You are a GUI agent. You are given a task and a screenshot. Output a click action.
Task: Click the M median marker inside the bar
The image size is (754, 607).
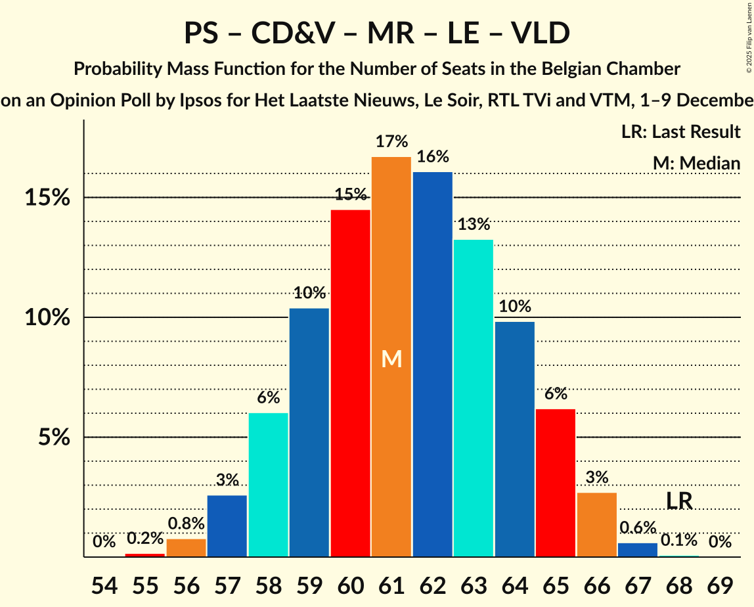coord(391,359)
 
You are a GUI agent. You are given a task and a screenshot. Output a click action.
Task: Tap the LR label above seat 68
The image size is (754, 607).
coord(679,501)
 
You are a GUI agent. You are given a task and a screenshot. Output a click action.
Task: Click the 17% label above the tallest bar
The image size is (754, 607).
coord(391,141)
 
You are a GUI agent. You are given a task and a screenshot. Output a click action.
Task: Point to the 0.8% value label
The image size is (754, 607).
coord(187,524)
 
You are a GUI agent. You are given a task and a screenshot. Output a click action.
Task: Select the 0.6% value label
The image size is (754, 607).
coord(638,528)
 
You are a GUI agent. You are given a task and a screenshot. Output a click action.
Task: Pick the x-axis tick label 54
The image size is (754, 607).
coord(104,585)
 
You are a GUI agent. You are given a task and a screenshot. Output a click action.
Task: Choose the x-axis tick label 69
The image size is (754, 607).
coord(720,585)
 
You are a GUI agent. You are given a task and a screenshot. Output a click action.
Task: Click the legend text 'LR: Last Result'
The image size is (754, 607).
coord(680,132)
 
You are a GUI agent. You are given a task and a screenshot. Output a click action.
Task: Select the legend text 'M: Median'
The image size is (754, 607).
coord(696,164)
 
